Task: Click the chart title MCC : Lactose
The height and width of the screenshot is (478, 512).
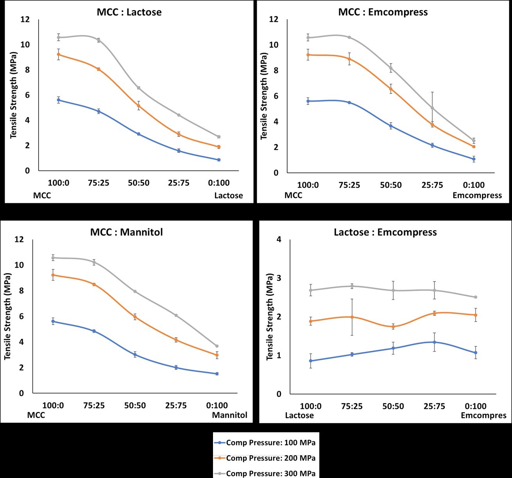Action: click(x=129, y=12)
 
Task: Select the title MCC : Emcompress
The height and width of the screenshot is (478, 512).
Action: click(x=383, y=12)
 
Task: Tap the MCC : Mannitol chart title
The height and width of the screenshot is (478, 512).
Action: click(x=126, y=232)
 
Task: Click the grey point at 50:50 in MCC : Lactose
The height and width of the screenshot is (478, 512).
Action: click(x=138, y=88)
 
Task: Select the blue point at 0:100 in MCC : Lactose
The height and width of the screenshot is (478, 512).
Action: click(x=218, y=160)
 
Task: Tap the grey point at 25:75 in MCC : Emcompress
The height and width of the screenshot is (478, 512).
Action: click(x=432, y=108)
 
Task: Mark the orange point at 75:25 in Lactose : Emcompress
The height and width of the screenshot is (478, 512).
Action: click(x=352, y=317)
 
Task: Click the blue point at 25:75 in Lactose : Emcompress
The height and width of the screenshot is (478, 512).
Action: click(x=434, y=342)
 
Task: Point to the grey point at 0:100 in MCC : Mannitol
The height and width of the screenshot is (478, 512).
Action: click(x=217, y=346)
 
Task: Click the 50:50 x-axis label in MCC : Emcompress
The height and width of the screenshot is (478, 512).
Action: click(x=391, y=185)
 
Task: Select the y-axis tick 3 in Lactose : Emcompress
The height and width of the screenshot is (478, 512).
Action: click(x=279, y=278)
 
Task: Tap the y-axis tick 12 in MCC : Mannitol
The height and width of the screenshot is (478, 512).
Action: click(x=19, y=240)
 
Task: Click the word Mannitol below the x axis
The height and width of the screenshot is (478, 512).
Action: click(x=229, y=415)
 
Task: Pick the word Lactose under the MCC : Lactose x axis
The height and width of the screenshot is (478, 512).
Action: click(x=228, y=195)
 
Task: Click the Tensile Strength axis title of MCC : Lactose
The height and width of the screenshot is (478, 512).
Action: click(x=14, y=95)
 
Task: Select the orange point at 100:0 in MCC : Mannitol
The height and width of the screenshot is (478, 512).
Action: click(x=53, y=275)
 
